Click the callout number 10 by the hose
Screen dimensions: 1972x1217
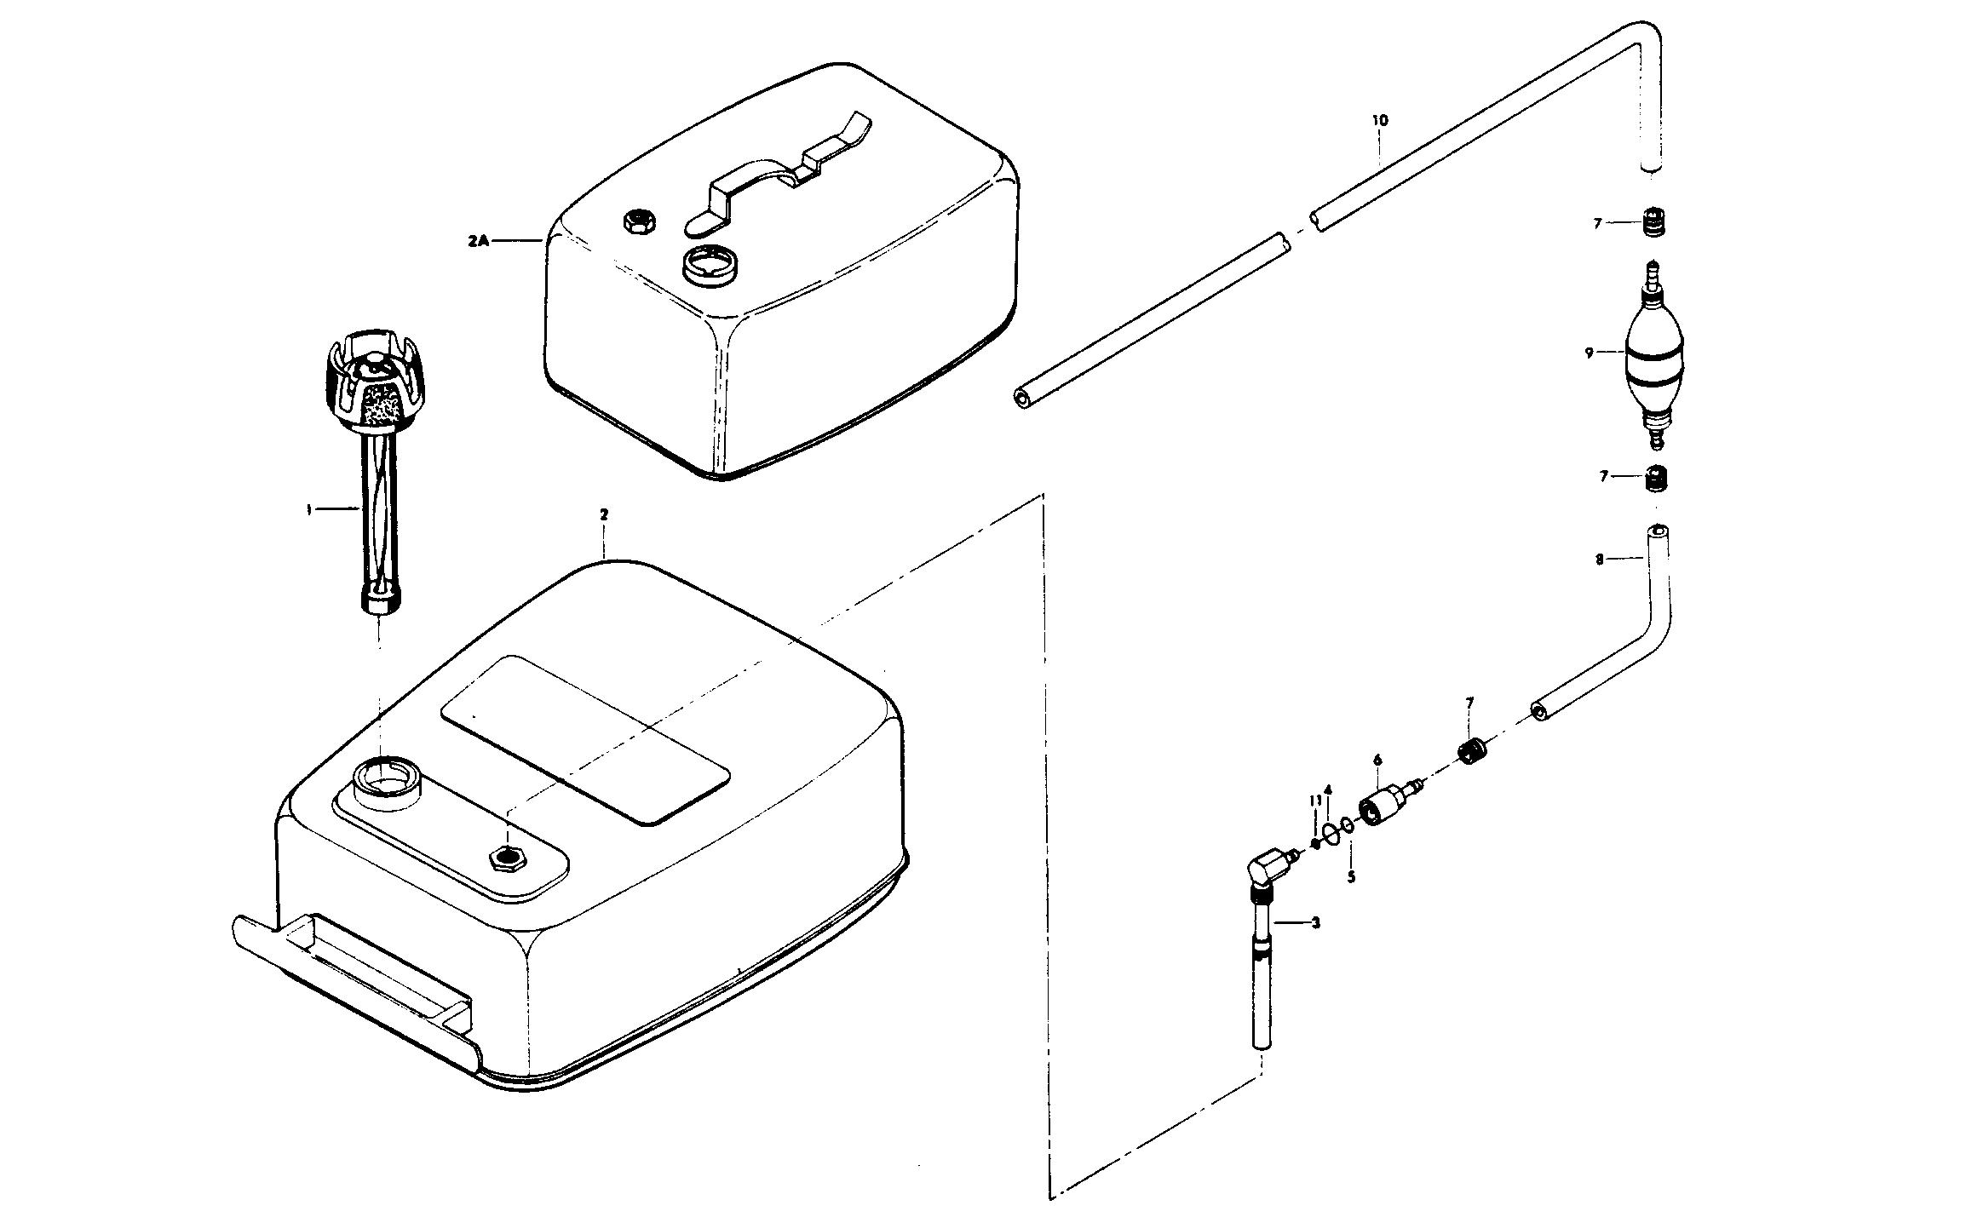pyautogui.click(x=1380, y=121)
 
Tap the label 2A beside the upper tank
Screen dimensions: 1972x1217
pyautogui.click(x=478, y=241)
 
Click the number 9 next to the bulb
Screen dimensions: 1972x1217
pyautogui.click(x=1589, y=352)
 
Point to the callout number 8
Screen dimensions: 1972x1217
pyautogui.click(x=1600, y=560)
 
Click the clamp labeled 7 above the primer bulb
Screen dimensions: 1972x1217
pyautogui.click(x=1653, y=224)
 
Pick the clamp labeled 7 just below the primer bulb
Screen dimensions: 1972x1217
pyautogui.click(x=1654, y=479)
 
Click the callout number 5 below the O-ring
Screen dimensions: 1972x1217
pyautogui.click(x=1351, y=877)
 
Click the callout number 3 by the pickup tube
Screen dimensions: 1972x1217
pyautogui.click(x=1315, y=922)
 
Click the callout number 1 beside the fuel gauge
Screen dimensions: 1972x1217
pyautogui.click(x=309, y=509)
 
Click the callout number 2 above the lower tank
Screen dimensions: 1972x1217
pyautogui.click(x=604, y=515)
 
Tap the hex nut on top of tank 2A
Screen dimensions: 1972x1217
pyautogui.click(x=637, y=221)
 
